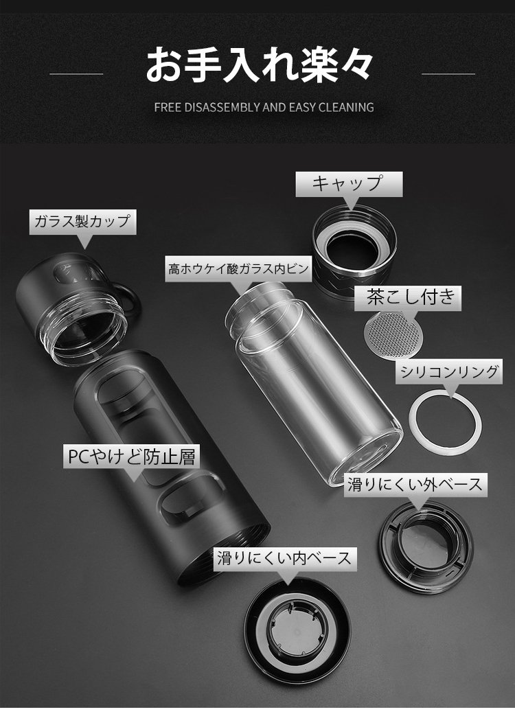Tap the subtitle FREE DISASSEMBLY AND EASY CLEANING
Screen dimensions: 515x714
[x=264, y=108]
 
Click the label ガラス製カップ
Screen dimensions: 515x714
[x=82, y=221]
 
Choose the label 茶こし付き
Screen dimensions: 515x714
[x=411, y=297]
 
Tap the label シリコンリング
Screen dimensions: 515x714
[x=448, y=371]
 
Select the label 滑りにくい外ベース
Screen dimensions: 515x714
[x=415, y=485]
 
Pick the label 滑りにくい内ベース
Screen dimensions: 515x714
[x=284, y=558]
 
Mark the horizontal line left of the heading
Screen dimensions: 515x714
[x=76, y=73]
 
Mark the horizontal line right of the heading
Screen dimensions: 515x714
[x=448, y=73]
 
